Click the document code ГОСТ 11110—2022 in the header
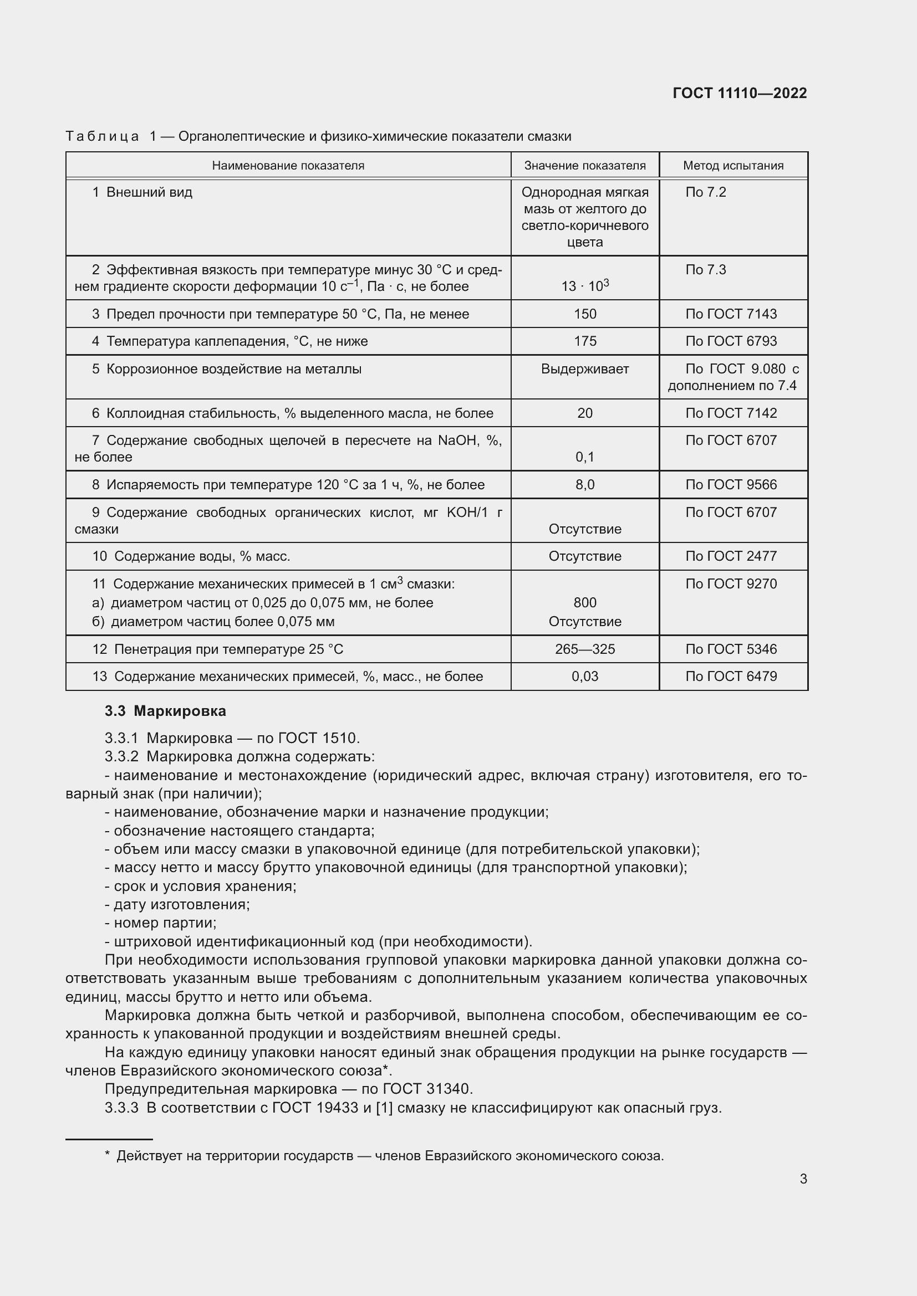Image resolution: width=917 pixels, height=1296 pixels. [x=739, y=93]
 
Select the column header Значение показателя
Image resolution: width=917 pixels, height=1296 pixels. [x=584, y=165]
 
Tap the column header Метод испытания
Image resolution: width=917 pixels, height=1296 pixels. [x=733, y=165]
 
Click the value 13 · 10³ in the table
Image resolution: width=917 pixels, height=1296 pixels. [x=584, y=285]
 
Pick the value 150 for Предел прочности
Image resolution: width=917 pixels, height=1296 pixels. [x=584, y=314]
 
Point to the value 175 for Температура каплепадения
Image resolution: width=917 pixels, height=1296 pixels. [x=584, y=341]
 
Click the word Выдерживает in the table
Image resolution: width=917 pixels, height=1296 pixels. [x=584, y=368]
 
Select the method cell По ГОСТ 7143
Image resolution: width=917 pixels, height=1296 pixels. [x=731, y=314]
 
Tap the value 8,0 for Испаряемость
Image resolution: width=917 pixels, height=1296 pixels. [x=584, y=484]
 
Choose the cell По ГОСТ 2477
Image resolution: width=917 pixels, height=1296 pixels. [x=731, y=556]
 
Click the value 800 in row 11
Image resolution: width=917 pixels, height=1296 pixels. [x=584, y=602]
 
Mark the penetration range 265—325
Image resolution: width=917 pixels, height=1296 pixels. [x=584, y=649]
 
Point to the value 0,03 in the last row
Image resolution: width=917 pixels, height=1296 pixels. [x=584, y=676]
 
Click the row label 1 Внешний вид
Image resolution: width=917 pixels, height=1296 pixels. [x=142, y=192]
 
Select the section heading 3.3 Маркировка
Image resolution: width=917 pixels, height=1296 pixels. [x=165, y=711]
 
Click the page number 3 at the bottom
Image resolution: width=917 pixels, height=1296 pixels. [x=803, y=1179]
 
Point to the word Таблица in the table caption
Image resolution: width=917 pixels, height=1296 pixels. [x=102, y=137]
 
